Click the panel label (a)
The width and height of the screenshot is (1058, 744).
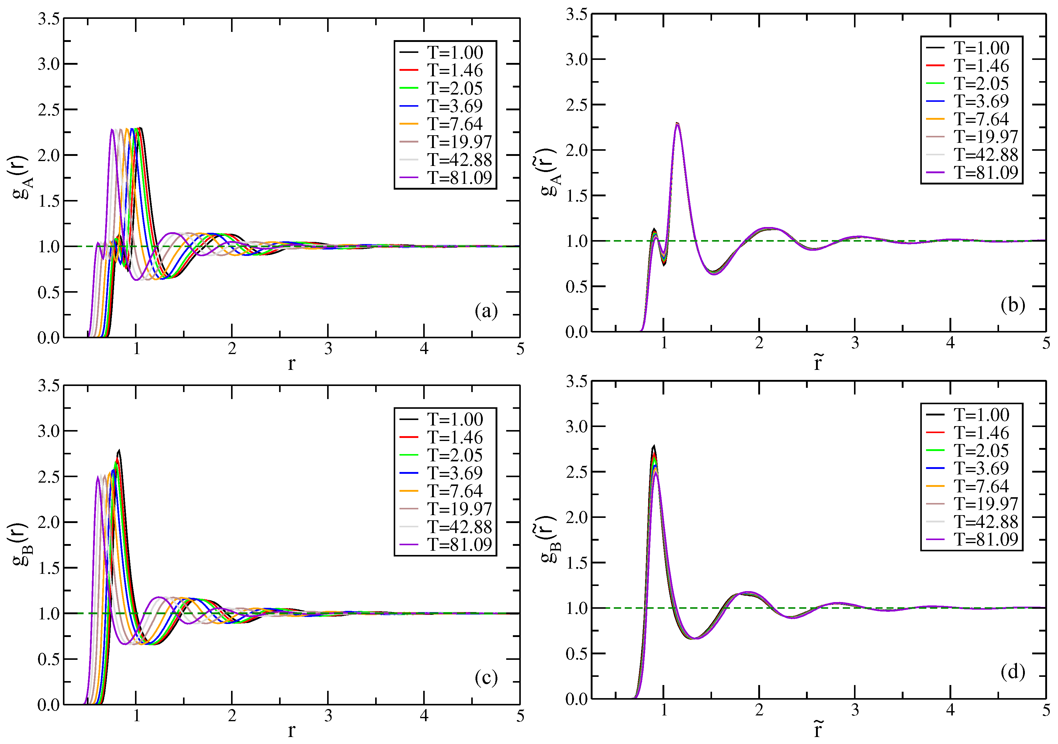[486, 312]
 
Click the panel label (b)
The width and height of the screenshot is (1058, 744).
[1012, 305]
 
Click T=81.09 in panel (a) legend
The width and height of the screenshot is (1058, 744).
[459, 177]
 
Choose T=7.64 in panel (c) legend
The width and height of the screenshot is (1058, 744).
[455, 491]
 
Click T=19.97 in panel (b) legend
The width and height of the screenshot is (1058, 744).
[986, 137]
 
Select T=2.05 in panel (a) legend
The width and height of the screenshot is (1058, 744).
[455, 88]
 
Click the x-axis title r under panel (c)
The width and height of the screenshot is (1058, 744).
[291, 730]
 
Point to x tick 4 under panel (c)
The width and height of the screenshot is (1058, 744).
[424, 716]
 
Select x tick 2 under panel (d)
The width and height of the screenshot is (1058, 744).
[759, 710]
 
